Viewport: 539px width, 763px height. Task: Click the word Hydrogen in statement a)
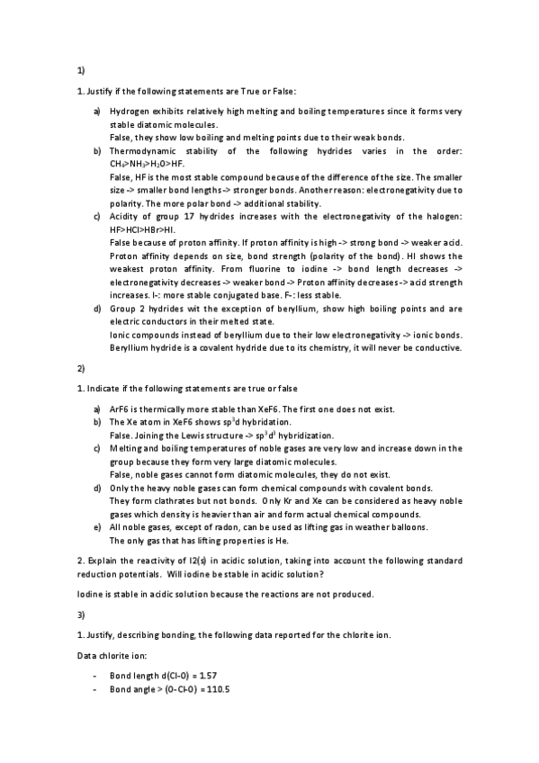click(x=129, y=112)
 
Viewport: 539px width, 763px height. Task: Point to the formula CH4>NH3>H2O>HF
click(x=148, y=165)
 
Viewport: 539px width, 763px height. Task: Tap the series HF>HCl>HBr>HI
click(x=144, y=230)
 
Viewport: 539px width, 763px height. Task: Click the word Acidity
click(x=124, y=217)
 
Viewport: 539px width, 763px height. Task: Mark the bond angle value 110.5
click(x=219, y=689)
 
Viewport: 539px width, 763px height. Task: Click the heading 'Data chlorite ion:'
click(x=109, y=656)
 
